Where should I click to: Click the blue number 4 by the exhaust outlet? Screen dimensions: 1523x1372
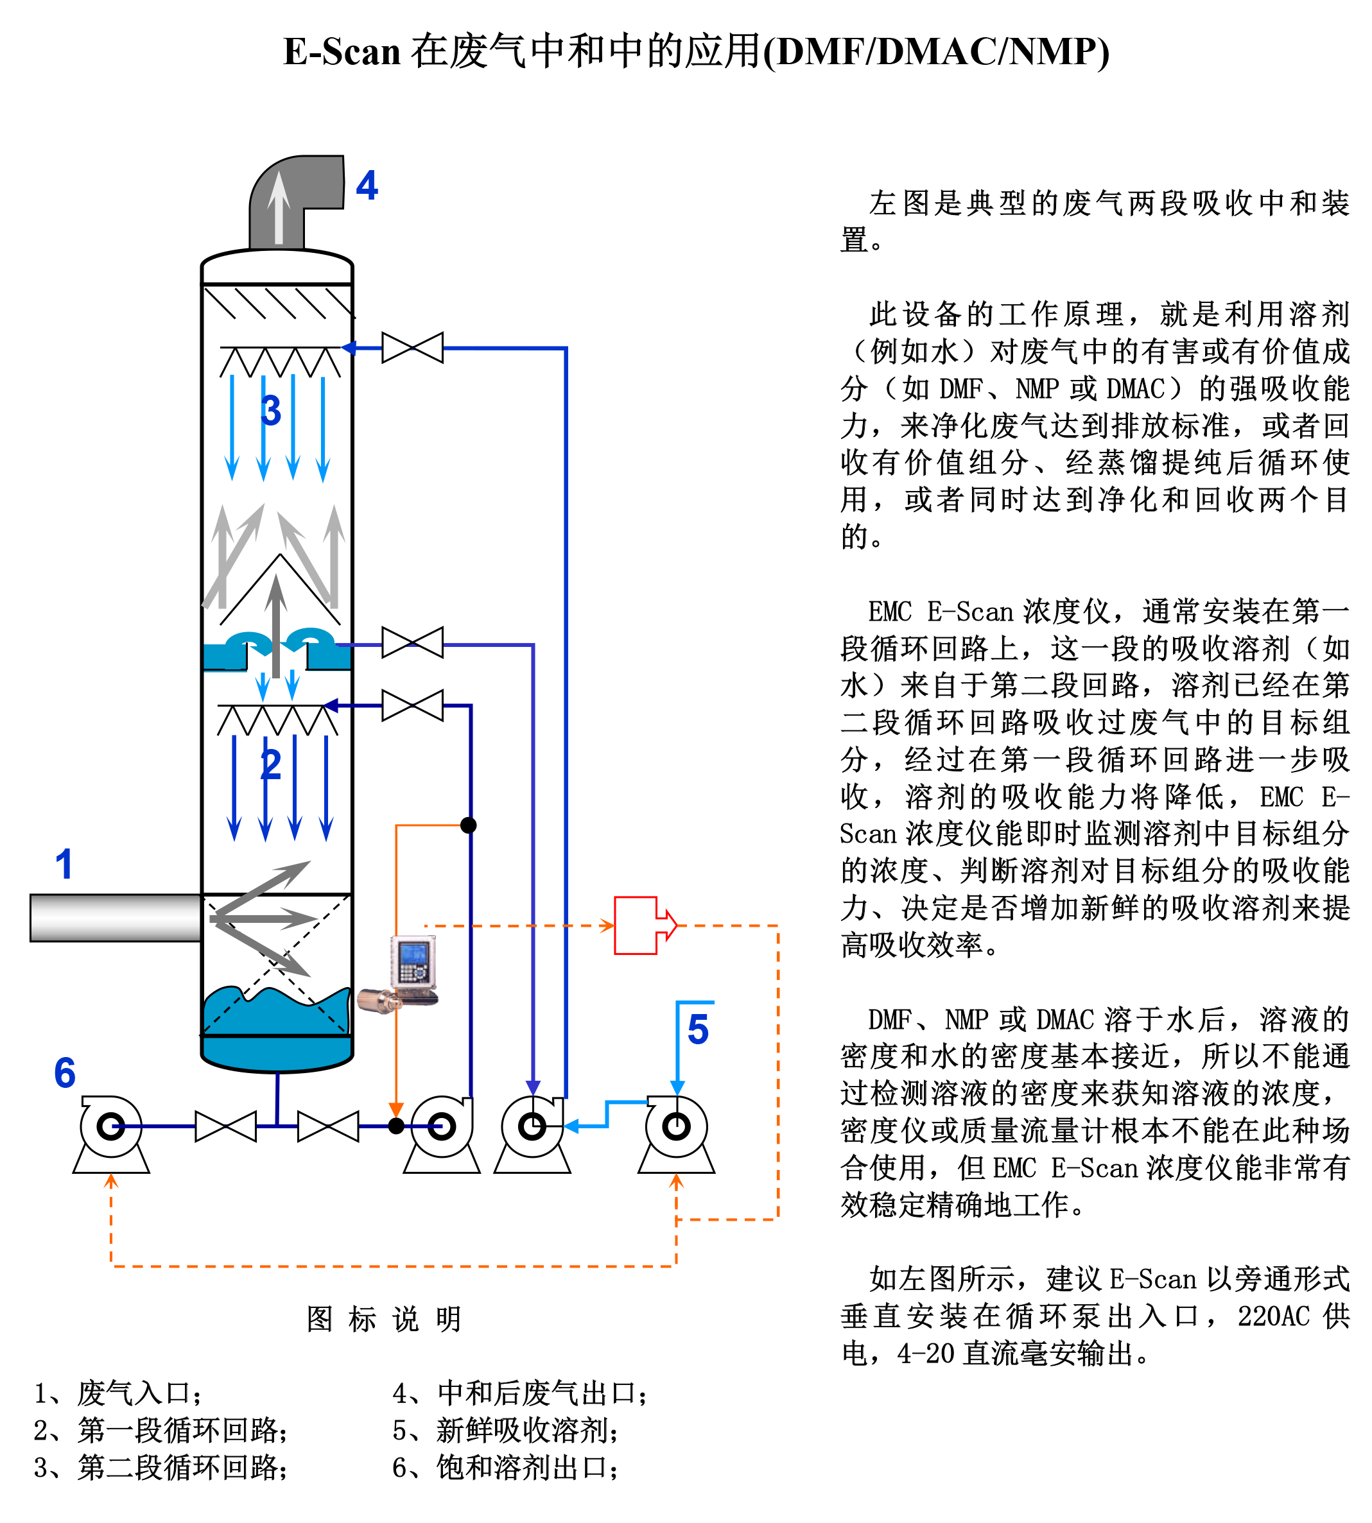[367, 185]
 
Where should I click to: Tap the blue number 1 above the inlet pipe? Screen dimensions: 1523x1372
[64, 864]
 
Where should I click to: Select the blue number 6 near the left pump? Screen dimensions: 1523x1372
[65, 1072]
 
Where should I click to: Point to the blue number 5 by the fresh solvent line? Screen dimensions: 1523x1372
[698, 1029]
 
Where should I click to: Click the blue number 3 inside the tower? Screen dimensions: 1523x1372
[271, 411]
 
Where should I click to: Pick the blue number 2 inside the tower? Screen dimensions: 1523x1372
[271, 765]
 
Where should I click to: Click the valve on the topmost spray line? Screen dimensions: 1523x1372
[412, 348]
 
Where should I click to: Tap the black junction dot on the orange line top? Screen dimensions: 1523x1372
[468, 825]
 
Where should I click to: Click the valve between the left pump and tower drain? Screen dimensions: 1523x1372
[225, 1126]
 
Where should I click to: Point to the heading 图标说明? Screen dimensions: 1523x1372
[384, 1320]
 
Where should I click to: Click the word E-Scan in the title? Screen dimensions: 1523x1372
[342, 52]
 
